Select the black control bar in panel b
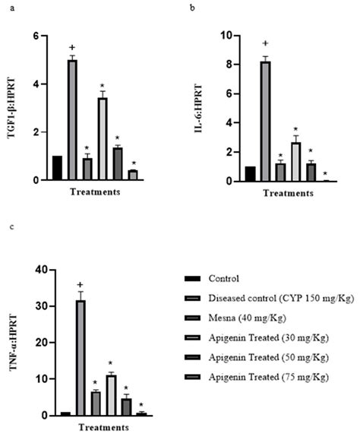click(251, 174)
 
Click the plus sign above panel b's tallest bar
click(266, 44)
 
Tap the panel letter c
click(9, 226)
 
